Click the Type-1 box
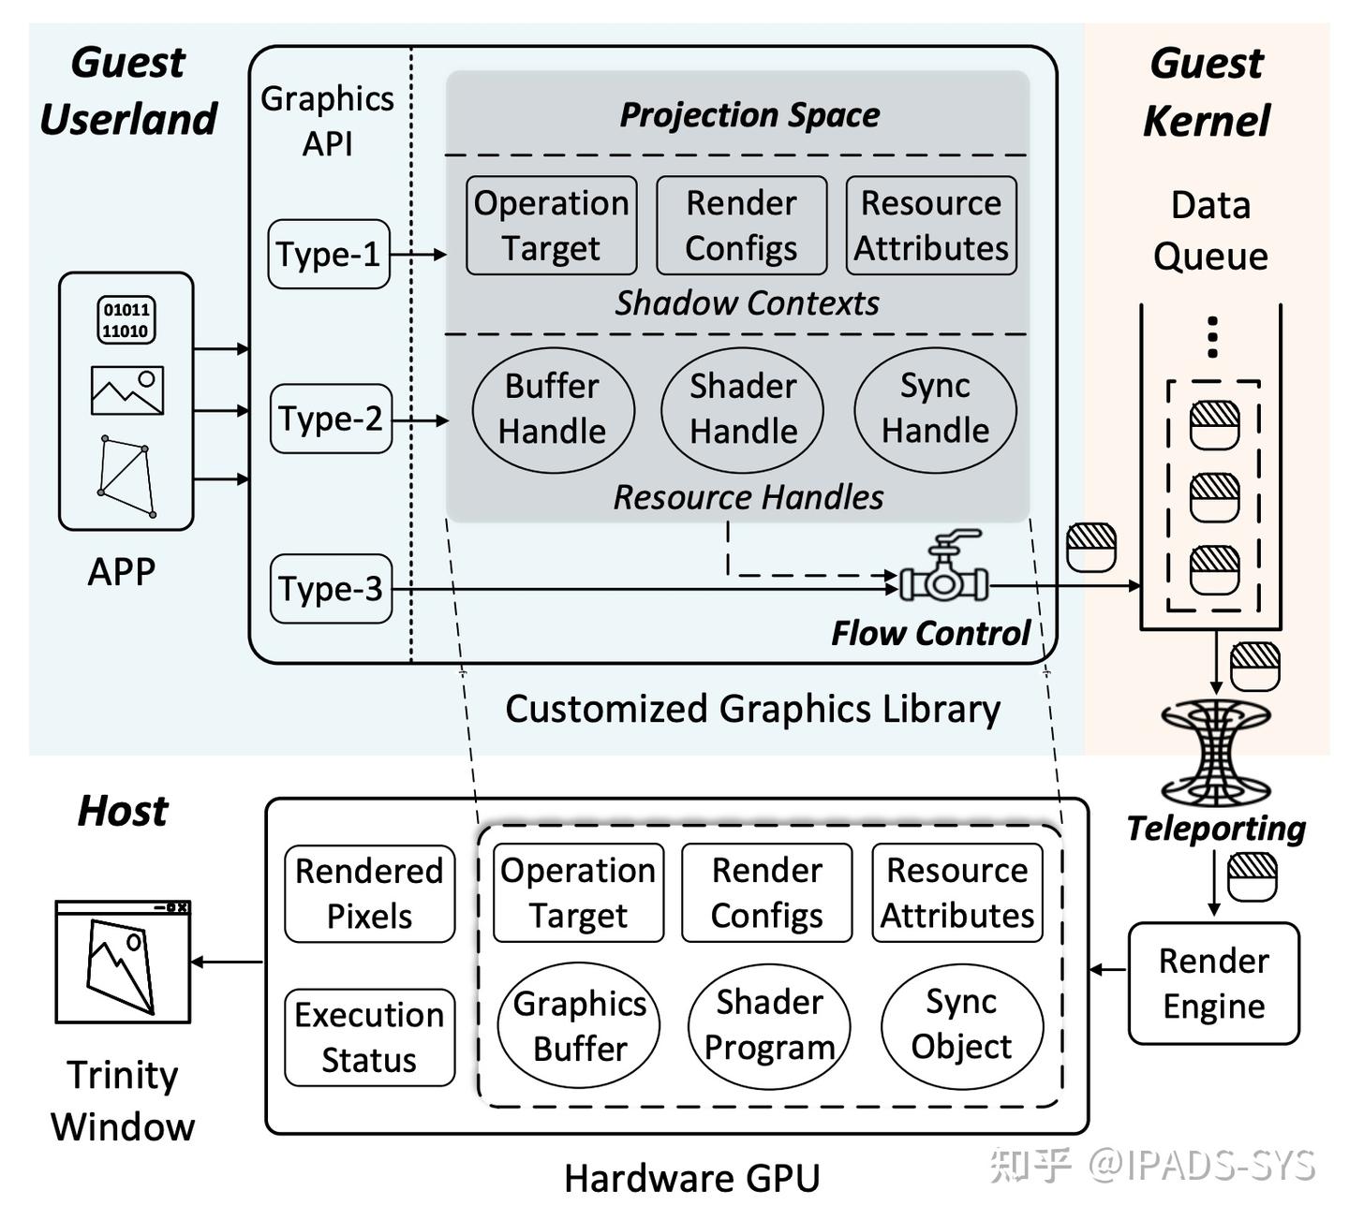(329, 254)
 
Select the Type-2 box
(331, 419)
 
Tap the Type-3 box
(331, 589)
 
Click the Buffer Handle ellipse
(553, 410)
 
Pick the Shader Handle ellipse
(743, 410)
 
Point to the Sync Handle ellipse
(936, 410)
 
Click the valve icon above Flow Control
(943, 566)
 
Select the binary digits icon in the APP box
(126, 320)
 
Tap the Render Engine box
(1214, 983)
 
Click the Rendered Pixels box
(369, 893)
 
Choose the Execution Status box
(369, 1037)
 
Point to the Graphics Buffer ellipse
(579, 1026)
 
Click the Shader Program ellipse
(769, 1026)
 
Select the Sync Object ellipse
(962, 1026)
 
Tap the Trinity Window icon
(123, 962)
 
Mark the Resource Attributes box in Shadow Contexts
(931, 225)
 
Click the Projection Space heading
(749, 115)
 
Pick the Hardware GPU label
(692, 1178)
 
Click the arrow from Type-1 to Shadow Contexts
(419, 254)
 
